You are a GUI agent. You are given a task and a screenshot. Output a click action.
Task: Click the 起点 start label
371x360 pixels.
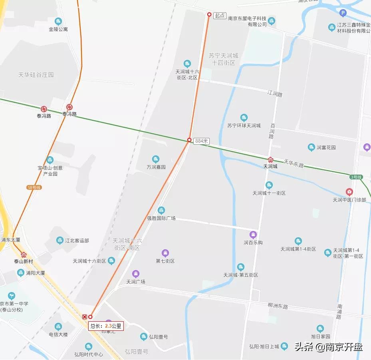click(220, 16)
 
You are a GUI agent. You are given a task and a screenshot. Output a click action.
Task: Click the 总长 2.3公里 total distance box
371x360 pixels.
click(106, 326)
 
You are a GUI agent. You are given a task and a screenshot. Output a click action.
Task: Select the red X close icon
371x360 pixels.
click(84, 317)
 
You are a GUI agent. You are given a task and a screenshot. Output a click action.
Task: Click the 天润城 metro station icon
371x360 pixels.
click(270, 160)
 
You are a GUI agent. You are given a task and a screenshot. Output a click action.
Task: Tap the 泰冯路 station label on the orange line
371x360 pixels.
click(69, 114)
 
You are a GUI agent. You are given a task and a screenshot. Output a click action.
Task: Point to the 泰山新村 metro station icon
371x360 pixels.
click(24, 255)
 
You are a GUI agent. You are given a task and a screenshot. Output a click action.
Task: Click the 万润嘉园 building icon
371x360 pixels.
click(156, 159)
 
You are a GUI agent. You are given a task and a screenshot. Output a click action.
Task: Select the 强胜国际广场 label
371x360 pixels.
click(161, 219)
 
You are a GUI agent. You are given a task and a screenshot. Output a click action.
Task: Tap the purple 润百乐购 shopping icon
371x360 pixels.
click(253, 235)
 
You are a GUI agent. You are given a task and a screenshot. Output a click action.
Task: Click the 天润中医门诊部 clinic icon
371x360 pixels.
click(349, 192)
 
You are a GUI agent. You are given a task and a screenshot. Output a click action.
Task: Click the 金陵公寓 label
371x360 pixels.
click(58, 29)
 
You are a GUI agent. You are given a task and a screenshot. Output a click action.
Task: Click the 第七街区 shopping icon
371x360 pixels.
click(165, 253)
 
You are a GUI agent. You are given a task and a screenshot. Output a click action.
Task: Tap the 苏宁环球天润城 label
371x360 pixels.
click(244, 125)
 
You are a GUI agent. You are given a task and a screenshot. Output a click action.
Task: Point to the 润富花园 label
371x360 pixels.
click(326, 147)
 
